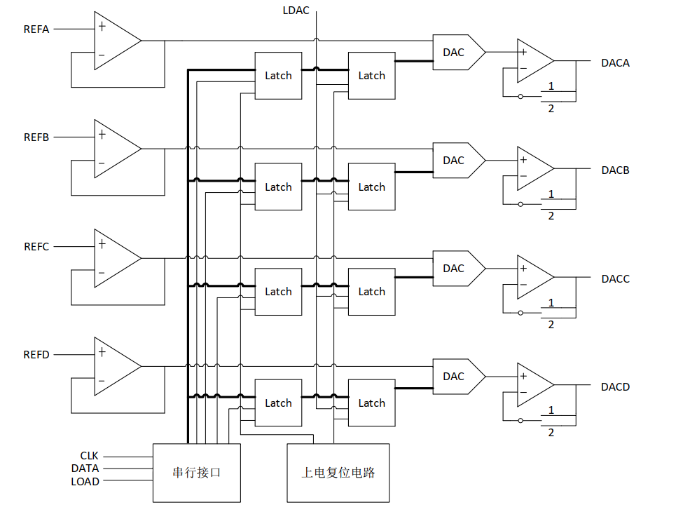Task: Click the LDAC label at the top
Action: tap(296, 11)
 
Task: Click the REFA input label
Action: tap(36, 29)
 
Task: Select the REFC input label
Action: tap(36, 247)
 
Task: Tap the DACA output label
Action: tap(615, 63)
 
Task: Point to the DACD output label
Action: tap(615, 387)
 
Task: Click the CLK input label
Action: tap(89, 456)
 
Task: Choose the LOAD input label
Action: tap(85, 482)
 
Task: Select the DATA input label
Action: tap(85, 469)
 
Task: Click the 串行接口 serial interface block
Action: tap(196, 473)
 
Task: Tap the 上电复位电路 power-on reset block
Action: tap(338, 473)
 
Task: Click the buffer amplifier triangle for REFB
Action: tap(115, 149)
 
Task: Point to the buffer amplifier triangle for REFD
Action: tap(115, 366)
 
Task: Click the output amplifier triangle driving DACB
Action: tap(534, 168)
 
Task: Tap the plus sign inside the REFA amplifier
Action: tap(102, 27)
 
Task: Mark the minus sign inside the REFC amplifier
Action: tap(102, 273)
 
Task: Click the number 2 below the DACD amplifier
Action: tap(551, 433)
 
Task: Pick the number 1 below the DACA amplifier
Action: tap(551, 86)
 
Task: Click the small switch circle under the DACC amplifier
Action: tap(520, 311)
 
